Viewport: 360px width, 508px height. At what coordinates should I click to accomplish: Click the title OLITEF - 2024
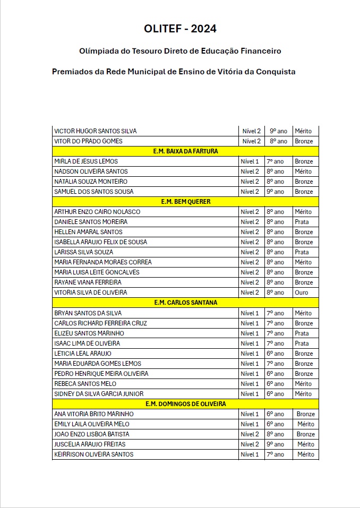(180, 29)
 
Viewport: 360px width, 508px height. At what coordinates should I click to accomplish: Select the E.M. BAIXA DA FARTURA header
(185, 151)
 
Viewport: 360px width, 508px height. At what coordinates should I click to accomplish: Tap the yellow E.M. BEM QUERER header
(185, 202)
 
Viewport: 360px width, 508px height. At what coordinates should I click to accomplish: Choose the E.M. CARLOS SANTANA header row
(185, 303)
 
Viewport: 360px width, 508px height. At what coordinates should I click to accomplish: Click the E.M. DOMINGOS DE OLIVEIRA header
(185, 403)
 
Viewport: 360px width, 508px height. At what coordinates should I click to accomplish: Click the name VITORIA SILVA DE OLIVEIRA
(91, 292)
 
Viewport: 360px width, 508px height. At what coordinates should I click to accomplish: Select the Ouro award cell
(301, 292)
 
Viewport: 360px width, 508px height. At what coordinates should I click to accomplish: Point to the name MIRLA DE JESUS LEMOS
(86, 161)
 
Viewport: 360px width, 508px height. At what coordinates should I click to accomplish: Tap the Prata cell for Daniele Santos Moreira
(302, 222)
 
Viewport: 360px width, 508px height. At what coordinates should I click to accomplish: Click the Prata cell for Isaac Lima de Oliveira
(302, 343)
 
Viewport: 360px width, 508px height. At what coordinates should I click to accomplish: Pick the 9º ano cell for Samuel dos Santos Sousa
(276, 192)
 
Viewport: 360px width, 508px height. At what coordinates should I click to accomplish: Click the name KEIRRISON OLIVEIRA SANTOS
(93, 454)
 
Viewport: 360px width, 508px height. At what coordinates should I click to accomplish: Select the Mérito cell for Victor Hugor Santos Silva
(303, 131)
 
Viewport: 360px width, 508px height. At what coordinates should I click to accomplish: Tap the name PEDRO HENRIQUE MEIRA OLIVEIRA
(101, 374)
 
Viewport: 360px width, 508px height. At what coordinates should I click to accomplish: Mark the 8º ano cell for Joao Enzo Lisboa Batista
(276, 434)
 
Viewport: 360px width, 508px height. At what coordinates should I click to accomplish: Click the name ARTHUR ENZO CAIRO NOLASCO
(97, 212)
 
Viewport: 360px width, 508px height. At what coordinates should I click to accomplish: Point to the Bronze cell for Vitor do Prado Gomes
(304, 141)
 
